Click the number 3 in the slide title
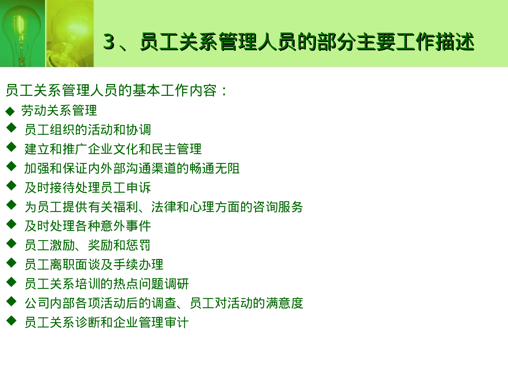(x=109, y=42)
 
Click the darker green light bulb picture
(x=22, y=33)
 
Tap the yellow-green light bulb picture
(x=70, y=33)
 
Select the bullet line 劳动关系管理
(x=59, y=111)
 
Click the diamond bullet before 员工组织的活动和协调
(x=11, y=128)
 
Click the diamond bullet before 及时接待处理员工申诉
(x=11, y=186)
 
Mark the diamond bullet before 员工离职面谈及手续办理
(x=11, y=262)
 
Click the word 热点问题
(x=138, y=284)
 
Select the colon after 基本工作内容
(x=224, y=91)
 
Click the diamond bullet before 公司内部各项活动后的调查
(x=11, y=301)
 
